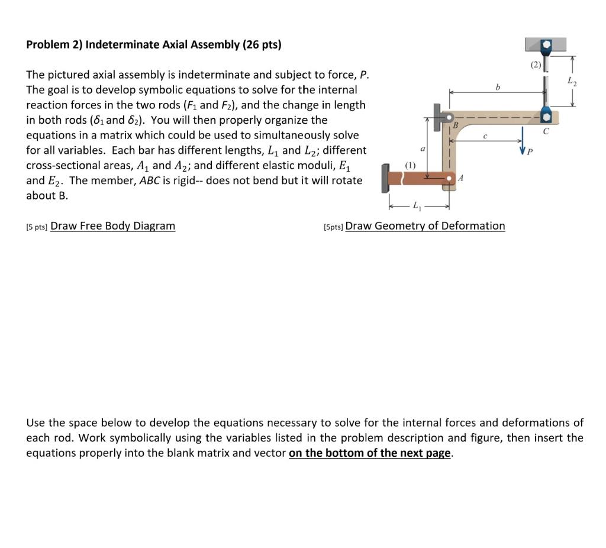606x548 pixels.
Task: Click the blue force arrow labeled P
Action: (x=524, y=140)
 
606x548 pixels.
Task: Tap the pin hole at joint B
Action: (x=450, y=117)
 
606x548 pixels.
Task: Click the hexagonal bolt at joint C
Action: (x=546, y=115)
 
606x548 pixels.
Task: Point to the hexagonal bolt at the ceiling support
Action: (x=546, y=45)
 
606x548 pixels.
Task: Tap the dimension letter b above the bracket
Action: (x=498, y=87)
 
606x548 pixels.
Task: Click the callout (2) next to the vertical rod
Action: (x=535, y=65)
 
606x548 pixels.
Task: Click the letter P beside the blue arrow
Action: (x=531, y=151)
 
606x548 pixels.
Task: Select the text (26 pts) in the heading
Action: (x=260, y=44)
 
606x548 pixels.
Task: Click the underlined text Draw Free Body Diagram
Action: (x=112, y=225)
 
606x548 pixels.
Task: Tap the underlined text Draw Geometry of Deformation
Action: (x=425, y=225)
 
